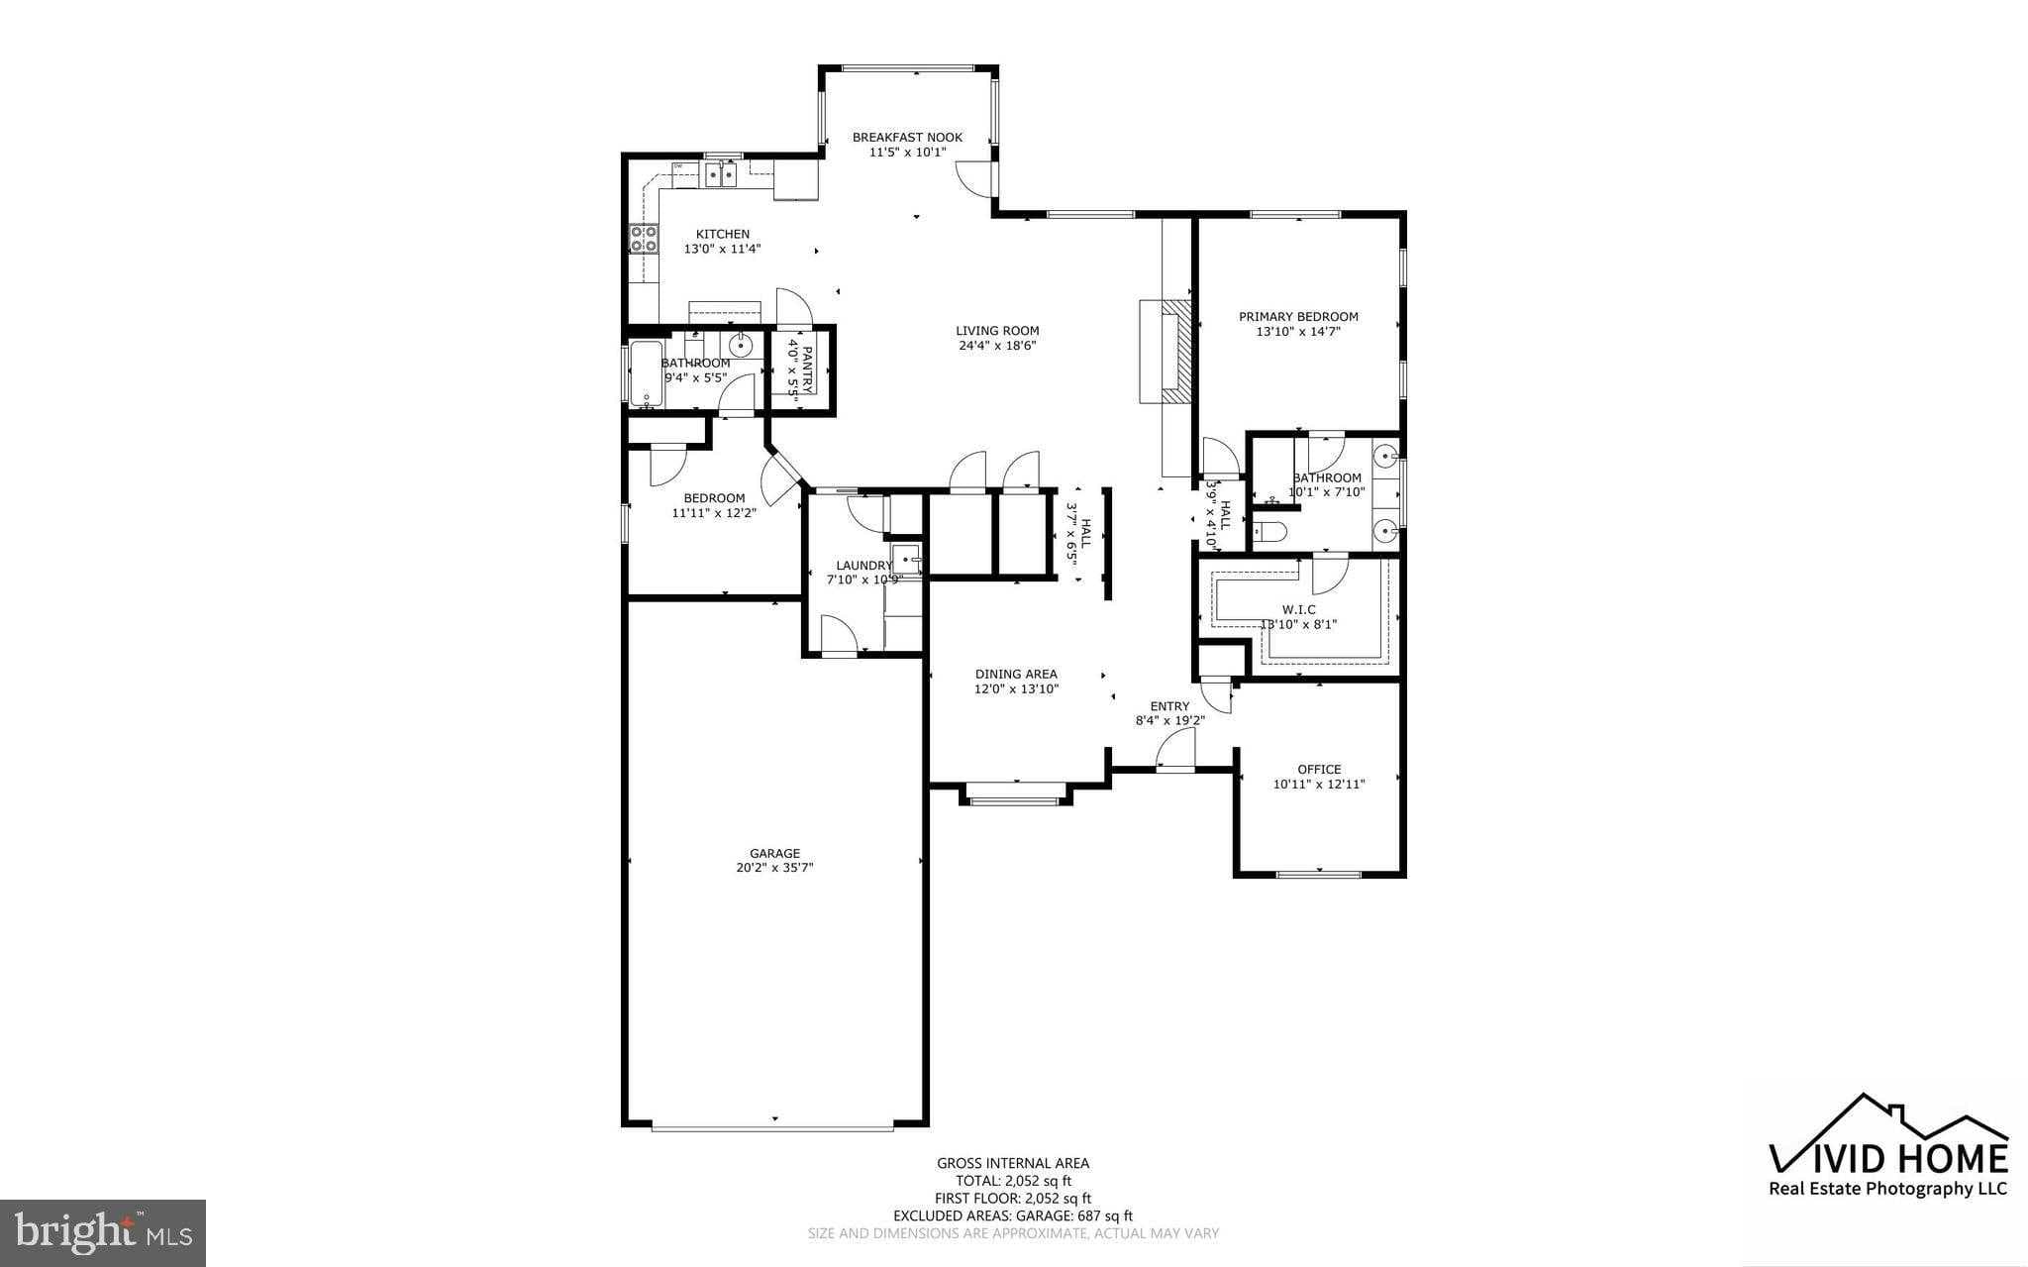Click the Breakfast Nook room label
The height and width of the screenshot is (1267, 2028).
click(x=906, y=138)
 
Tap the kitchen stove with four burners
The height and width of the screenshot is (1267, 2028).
click(x=643, y=239)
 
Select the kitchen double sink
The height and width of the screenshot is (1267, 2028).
click(x=720, y=176)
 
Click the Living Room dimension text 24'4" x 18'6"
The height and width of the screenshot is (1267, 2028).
click(x=997, y=346)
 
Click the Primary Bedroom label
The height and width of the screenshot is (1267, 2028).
click(x=1298, y=317)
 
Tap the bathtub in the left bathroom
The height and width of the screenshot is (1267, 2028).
click(x=647, y=373)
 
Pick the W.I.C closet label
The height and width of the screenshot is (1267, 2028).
click(x=1298, y=609)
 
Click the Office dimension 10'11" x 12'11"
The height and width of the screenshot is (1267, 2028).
click(x=1318, y=784)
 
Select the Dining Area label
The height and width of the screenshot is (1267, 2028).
click(x=1016, y=674)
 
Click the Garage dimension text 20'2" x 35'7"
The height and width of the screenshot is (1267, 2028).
click(x=773, y=868)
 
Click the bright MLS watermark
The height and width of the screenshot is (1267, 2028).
click(x=103, y=1232)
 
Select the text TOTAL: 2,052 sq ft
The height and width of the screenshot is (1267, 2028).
click(x=1013, y=1181)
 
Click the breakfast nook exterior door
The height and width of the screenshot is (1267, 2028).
click(x=975, y=178)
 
